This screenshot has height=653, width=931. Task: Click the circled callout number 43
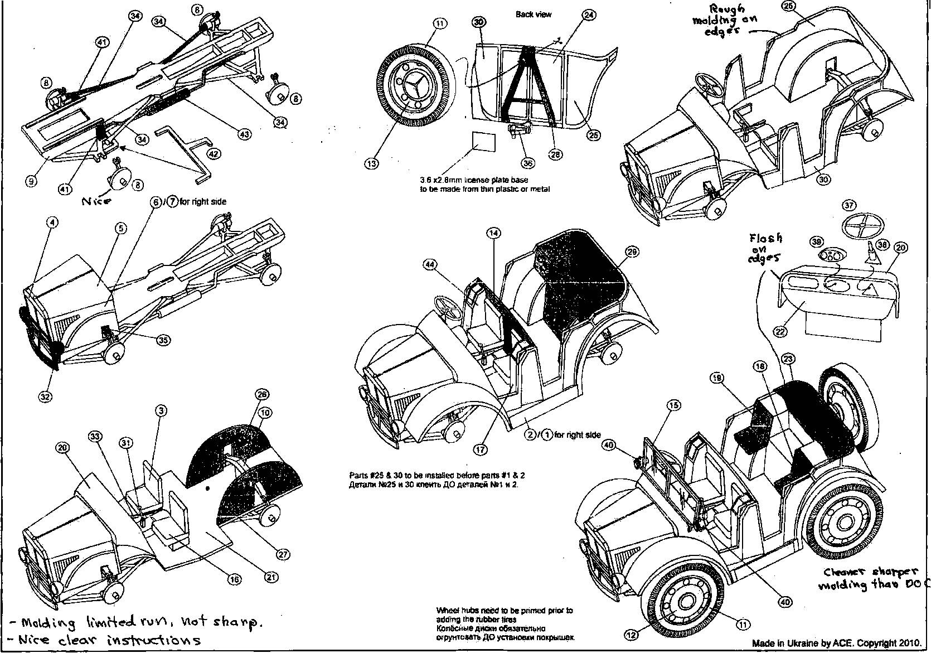pos(244,134)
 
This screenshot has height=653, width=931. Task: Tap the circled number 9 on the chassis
pos(32,181)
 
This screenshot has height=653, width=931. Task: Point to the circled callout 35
pos(163,340)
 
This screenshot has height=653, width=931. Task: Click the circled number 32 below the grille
pos(45,396)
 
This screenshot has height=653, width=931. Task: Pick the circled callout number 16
pos(234,579)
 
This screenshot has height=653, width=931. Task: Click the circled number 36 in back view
pos(527,163)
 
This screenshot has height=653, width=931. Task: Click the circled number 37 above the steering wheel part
pos(848,205)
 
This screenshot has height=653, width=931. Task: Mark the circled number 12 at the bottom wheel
pos(631,635)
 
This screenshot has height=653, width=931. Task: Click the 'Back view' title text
pos(533,14)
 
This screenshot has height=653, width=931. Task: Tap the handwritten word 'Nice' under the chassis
pos(96,201)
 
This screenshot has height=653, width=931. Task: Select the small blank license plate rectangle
pos(482,142)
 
